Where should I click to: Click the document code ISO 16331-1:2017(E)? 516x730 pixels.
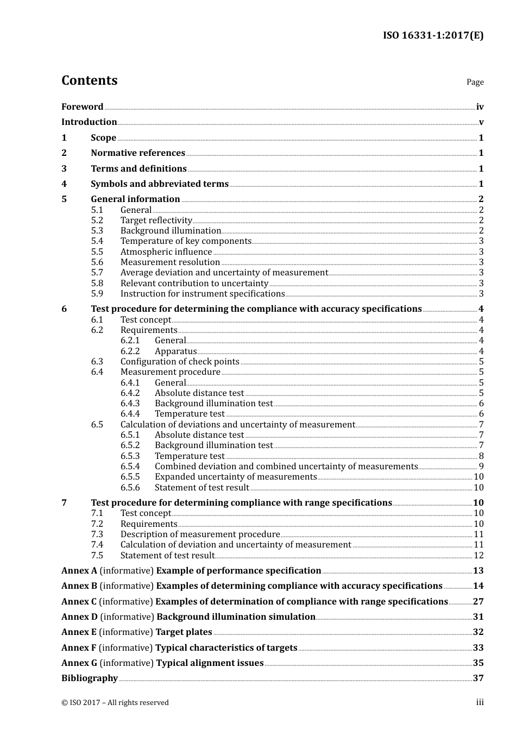433,36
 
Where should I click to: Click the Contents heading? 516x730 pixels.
89,80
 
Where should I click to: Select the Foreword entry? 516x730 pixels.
82,107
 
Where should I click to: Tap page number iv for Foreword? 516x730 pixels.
480,107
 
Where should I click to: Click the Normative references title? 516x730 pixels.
138,153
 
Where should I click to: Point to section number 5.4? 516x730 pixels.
97,241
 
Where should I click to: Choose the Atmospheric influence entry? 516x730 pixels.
166,252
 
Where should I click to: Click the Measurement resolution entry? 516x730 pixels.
170,262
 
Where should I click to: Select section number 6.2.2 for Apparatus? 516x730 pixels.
130,351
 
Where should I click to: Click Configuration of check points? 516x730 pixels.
180,362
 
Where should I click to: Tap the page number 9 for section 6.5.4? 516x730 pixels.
481,467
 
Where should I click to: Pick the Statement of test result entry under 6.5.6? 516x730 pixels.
202,488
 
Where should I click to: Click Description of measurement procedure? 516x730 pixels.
200,534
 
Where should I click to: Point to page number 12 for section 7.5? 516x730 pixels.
479,556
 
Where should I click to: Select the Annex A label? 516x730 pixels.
79,571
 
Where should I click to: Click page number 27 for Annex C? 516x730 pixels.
478,602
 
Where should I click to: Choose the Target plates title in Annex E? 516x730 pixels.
184,632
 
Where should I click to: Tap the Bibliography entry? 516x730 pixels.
90,678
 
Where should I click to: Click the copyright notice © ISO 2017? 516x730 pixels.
115,703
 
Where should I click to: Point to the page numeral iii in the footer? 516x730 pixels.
480,702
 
